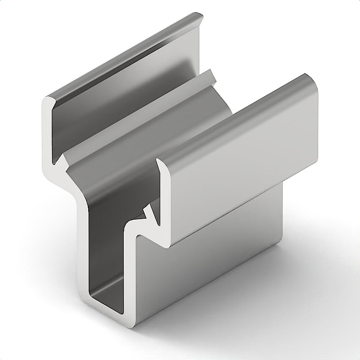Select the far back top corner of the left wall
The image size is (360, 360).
coord(198,16)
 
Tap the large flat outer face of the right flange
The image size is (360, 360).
coord(243,162)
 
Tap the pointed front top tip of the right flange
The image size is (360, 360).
coord(158,160)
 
